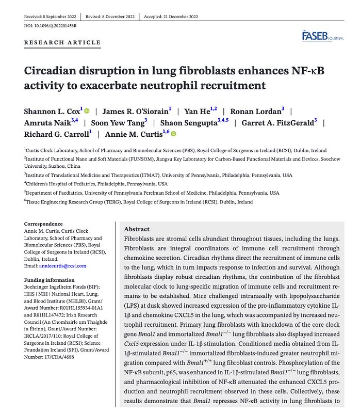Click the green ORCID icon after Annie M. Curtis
tap(173, 134)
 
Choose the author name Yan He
tap(198, 111)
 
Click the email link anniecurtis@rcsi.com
tap(62, 266)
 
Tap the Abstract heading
tap(137, 229)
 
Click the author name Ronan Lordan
tap(255, 111)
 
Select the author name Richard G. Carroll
tap(56, 134)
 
